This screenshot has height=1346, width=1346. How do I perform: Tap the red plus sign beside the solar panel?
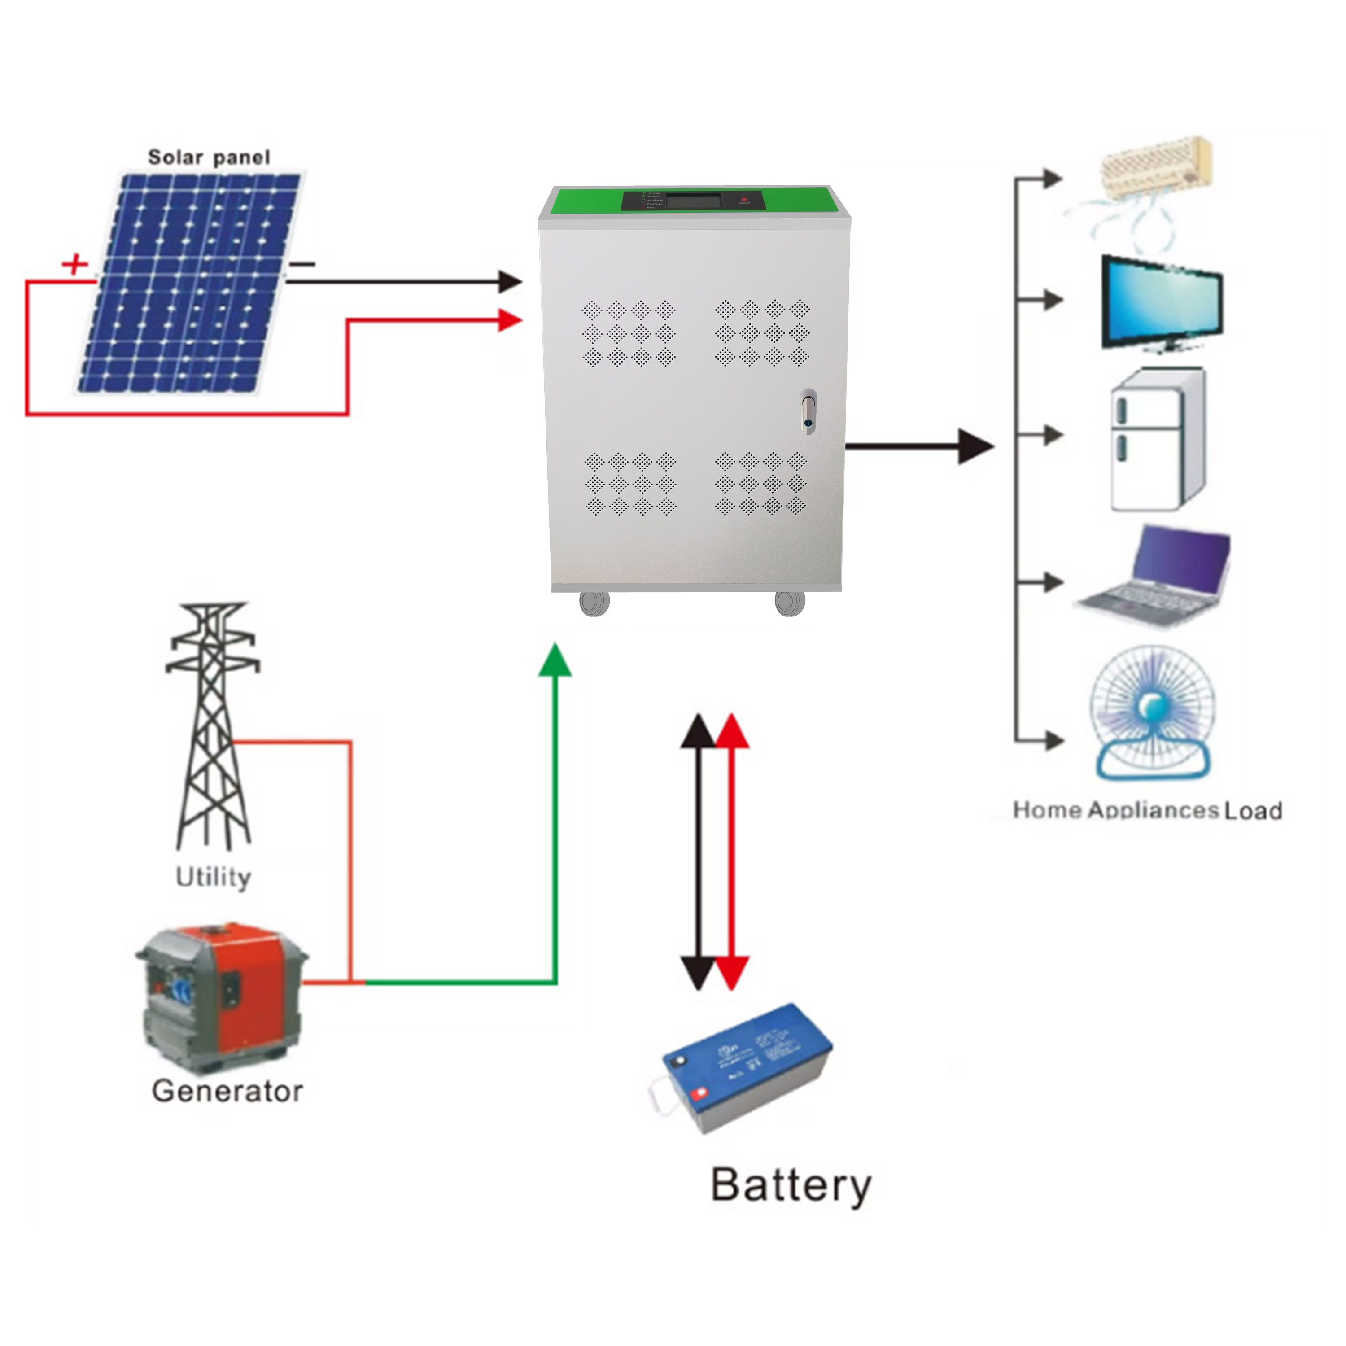(x=74, y=265)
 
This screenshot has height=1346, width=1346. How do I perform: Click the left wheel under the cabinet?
(x=594, y=603)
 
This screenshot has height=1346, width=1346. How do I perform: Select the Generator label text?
(x=227, y=1091)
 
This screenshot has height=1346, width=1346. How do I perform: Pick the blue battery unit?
(x=745, y=1068)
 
